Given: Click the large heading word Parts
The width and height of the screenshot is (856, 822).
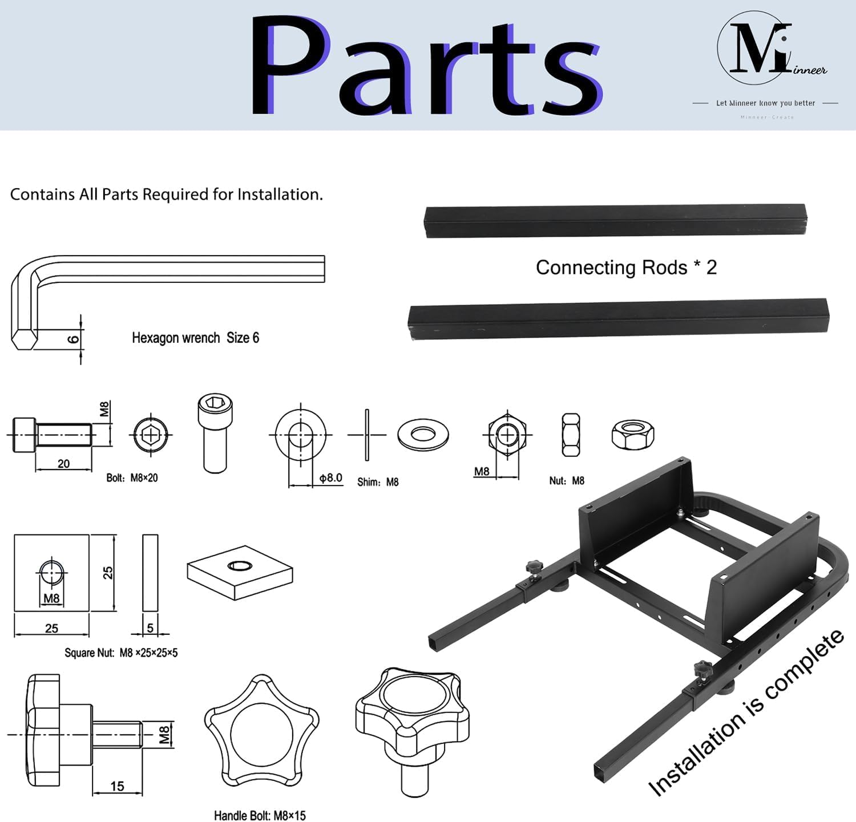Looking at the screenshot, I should point(425,66).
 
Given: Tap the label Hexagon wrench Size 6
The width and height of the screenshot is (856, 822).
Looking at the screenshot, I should point(195,338).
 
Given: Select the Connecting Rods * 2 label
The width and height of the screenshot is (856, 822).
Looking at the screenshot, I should point(626,268).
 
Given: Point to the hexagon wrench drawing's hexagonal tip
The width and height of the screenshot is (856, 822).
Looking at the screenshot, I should point(23,341).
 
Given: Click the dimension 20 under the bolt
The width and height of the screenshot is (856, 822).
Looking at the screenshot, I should point(63,464).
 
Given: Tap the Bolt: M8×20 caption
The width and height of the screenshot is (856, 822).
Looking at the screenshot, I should point(132,478).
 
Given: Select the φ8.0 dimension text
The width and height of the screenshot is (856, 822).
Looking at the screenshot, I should point(330,478).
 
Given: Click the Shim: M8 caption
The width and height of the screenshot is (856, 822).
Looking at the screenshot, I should point(378,482).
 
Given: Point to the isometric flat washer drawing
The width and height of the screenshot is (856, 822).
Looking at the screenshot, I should point(423,435).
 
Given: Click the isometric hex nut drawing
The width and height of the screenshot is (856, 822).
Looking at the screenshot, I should point(632,435).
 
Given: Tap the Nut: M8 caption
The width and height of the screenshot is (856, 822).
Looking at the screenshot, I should point(567,481).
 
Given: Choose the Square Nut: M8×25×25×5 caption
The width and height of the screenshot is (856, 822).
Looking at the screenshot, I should point(121,653).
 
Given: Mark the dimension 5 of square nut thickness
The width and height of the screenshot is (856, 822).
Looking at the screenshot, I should point(150,628).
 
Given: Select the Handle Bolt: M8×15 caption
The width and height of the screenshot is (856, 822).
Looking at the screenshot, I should point(260,816).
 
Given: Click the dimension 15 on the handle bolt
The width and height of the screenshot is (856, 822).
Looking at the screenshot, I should point(117,786).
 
